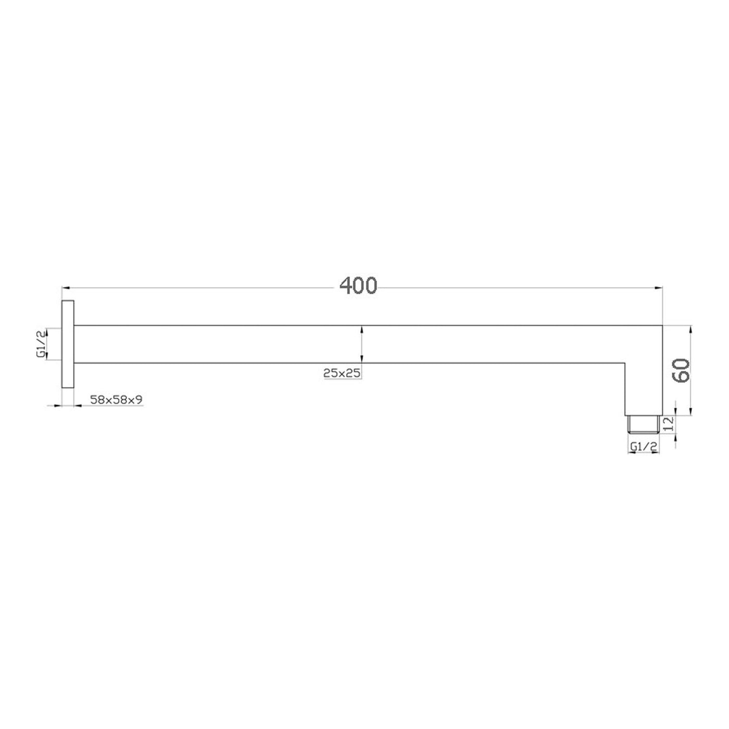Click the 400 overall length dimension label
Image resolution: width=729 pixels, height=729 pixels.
click(358, 286)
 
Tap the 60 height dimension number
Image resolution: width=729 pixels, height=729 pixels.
click(681, 370)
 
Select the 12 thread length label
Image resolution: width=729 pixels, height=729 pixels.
click(669, 423)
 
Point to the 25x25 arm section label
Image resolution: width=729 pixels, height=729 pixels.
click(342, 373)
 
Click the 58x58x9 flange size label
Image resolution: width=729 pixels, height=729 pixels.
click(116, 399)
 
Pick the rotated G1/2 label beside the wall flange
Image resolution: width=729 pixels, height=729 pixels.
click(41, 344)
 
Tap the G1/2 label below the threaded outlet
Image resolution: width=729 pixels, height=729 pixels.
click(644, 447)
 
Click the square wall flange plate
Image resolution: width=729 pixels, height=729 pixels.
click(68, 344)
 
